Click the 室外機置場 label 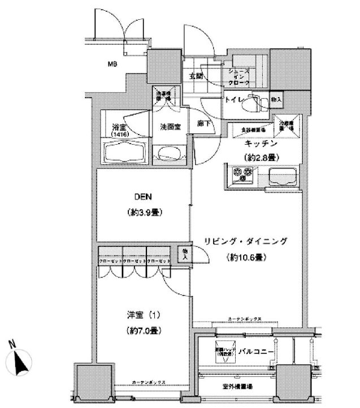point(237,386)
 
